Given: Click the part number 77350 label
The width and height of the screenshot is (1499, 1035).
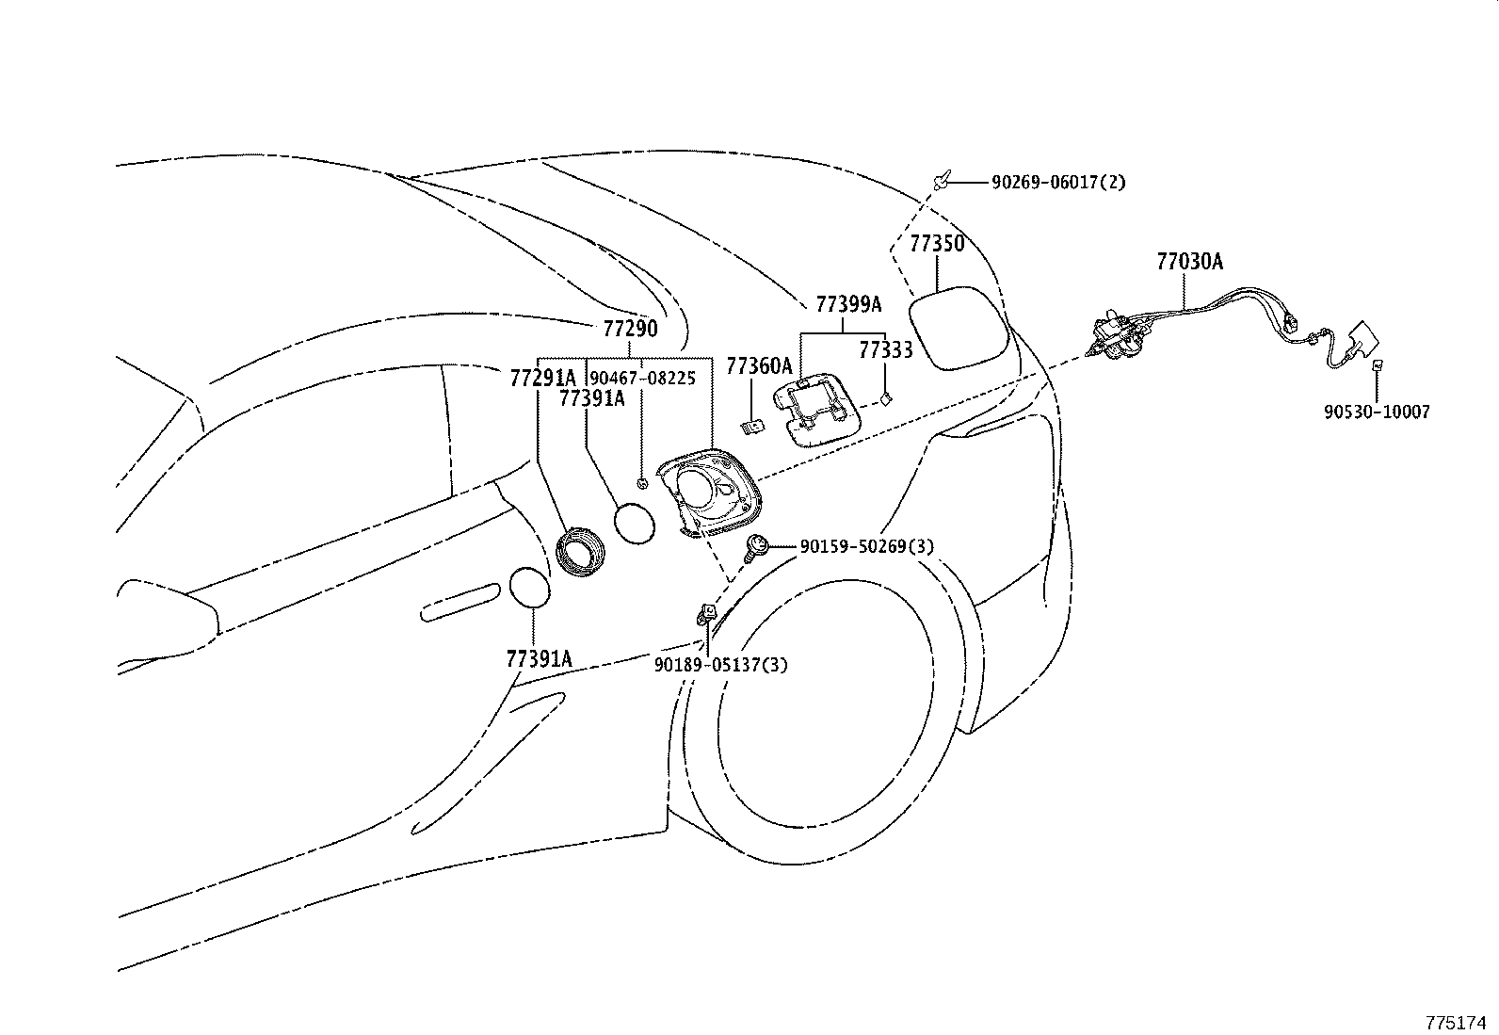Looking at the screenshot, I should (x=937, y=244).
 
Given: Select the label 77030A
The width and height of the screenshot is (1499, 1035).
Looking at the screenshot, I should (x=1189, y=262).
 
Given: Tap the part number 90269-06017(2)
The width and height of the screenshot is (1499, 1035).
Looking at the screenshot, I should (x=1057, y=183).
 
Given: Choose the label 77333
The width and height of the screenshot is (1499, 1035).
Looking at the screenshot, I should (x=885, y=350).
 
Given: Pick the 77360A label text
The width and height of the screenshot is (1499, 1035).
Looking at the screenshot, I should (x=759, y=364).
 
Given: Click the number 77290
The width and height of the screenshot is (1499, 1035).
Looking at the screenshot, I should (x=630, y=329).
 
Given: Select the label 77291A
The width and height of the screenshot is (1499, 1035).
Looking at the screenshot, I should (x=541, y=378).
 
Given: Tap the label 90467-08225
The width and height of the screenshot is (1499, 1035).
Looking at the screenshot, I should (x=642, y=378).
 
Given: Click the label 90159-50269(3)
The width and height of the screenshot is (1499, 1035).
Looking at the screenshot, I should (x=866, y=545).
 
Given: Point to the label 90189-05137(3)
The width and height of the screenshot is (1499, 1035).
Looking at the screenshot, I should (x=721, y=665).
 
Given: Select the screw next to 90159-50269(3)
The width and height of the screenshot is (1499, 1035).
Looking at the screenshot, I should (x=755, y=545).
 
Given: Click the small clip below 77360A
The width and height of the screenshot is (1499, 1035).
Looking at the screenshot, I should (x=752, y=429).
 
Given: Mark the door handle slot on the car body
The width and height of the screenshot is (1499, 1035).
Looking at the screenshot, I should (x=461, y=602).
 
